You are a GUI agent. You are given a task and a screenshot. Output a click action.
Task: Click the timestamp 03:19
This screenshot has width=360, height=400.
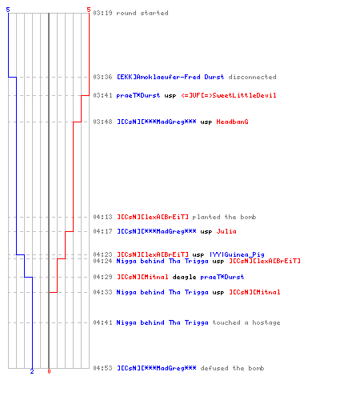point(102,13)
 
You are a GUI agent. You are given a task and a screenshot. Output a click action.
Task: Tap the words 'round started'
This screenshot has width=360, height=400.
point(142,13)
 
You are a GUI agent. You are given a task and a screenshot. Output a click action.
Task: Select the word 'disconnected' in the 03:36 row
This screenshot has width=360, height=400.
point(252,77)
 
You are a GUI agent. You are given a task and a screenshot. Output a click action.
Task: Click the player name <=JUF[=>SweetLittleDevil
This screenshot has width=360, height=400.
point(229,95)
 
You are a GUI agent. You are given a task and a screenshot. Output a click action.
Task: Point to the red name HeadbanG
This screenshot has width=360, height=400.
point(232,122)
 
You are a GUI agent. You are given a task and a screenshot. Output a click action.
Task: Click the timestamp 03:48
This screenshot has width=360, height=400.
point(102,122)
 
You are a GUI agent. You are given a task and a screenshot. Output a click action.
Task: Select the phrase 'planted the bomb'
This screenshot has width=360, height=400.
point(224,217)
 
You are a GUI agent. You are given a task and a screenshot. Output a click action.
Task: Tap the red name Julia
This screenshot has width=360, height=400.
point(226,231)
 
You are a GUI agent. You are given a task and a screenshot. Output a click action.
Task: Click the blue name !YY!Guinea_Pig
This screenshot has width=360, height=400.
point(237,254)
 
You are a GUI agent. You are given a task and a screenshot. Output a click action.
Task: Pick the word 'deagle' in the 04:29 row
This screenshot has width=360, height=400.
point(184,277)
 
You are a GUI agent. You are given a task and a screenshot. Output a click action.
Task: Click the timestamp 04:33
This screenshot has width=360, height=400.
point(102,292)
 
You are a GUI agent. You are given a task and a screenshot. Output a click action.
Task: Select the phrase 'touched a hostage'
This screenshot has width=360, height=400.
point(246,322)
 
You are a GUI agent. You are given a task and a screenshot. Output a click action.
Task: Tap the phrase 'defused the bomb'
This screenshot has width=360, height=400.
point(232,368)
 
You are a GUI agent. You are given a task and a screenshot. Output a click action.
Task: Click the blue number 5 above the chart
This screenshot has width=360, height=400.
point(8,10)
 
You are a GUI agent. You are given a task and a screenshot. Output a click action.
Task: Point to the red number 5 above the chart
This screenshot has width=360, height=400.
point(89,10)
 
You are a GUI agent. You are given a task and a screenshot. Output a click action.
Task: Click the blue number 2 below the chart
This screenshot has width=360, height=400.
point(32,371)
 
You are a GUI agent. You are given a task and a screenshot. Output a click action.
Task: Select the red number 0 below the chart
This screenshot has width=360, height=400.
point(49,371)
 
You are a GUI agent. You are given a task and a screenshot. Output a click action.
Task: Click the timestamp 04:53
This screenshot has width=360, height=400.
point(102,368)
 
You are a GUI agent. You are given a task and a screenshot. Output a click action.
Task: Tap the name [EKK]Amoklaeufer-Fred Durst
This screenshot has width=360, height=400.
point(170,77)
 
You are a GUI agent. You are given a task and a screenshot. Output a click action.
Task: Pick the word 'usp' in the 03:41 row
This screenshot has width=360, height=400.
point(170,96)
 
